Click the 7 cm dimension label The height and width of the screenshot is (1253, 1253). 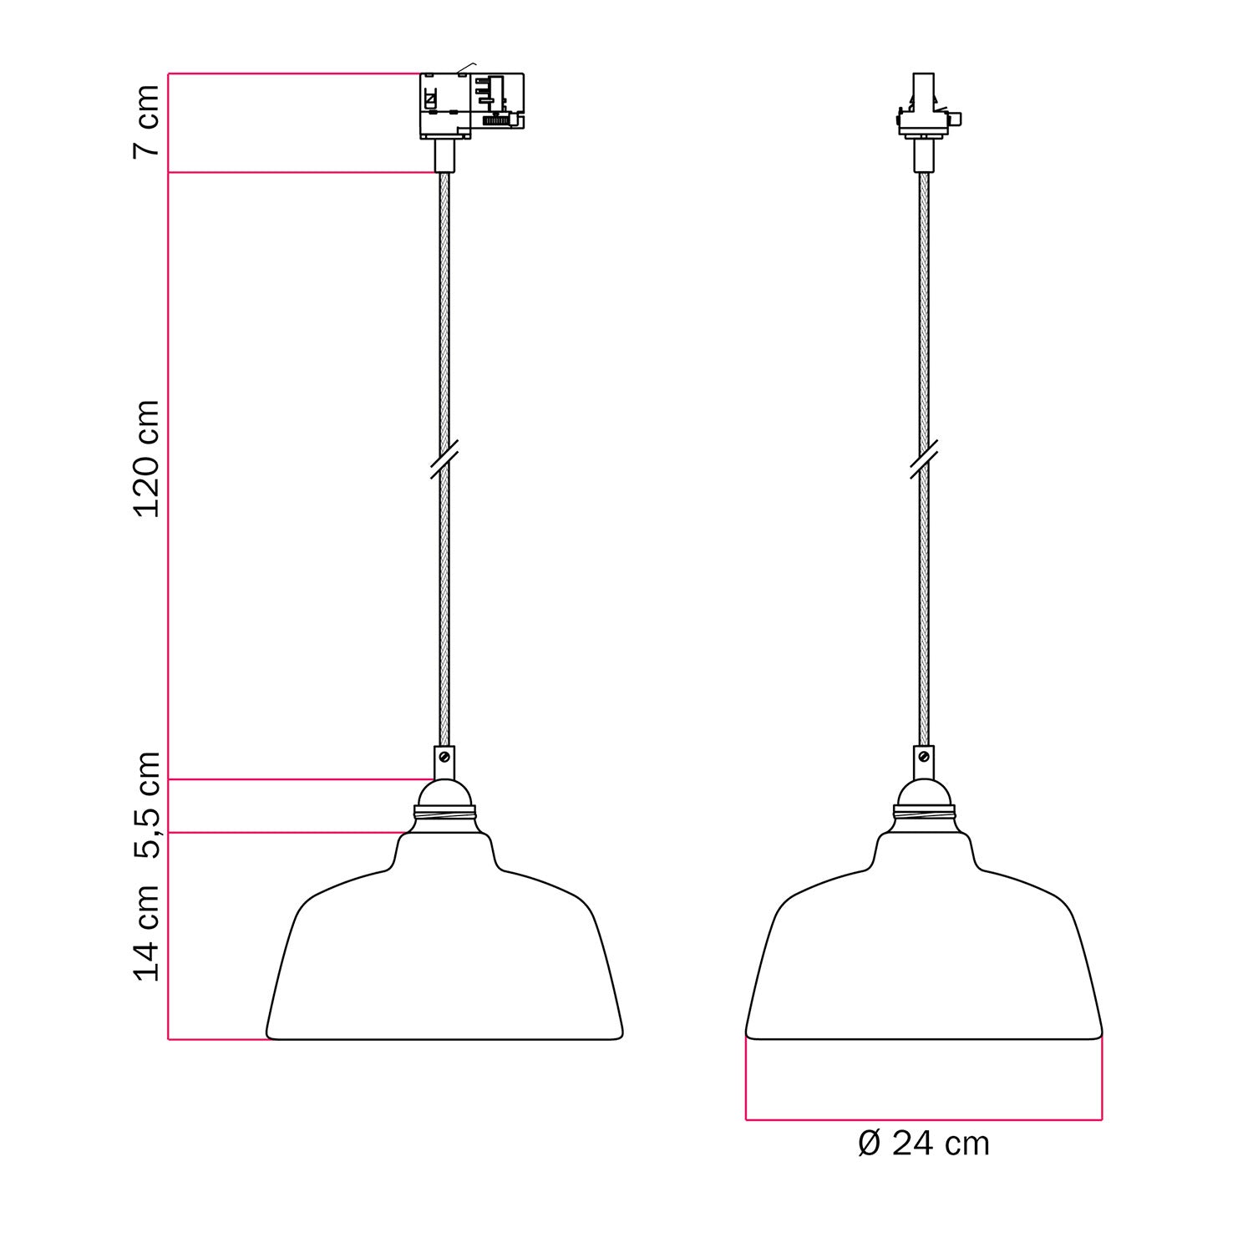pyautogui.click(x=146, y=121)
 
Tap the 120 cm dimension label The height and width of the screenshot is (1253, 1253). pyautogui.click(x=146, y=458)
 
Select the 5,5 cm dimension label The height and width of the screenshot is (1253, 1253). pyautogui.click(x=146, y=805)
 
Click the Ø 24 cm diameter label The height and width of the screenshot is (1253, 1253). pyautogui.click(x=923, y=1144)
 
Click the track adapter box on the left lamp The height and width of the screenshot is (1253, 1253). pyautogui.click(x=471, y=104)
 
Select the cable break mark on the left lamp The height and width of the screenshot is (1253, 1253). pyautogui.click(x=444, y=459)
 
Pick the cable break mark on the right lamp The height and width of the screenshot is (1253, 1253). pyautogui.click(x=924, y=459)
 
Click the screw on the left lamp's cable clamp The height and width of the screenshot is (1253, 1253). pyautogui.click(x=444, y=757)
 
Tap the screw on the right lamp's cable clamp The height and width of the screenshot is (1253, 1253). pyautogui.click(x=924, y=757)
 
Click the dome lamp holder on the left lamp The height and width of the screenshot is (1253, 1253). pyautogui.click(x=444, y=793)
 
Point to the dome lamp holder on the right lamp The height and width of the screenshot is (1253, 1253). pyautogui.click(x=924, y=793)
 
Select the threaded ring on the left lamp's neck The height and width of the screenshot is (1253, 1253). pyautogui.click(x=444, y=812)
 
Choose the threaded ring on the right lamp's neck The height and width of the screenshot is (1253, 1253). pyautogui.click(x=924, y=812)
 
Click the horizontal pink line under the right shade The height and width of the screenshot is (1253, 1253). pyautogui.click(x=923, y=1119)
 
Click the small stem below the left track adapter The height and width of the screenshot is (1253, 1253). pyautogui.click(x=444, y=155)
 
